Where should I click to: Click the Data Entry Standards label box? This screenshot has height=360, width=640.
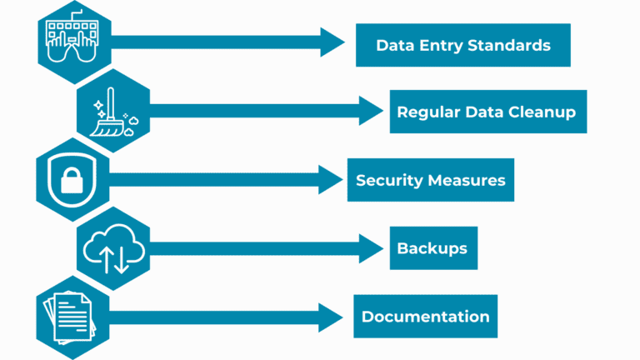[x=462, y=45]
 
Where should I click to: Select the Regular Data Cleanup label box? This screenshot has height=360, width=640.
[x=487, y=112]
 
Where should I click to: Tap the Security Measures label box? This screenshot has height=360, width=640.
[x=430, y=180]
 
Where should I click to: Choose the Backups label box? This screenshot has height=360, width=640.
[x=432, y=248]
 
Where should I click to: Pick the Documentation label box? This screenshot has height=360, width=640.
[x=425, y=316]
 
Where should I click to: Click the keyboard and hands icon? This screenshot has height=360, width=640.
[x=72, y=41]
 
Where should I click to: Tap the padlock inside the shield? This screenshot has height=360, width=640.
[x=73, y=179]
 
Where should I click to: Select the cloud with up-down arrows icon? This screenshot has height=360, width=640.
[x=113, y=247]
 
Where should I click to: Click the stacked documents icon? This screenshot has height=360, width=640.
[x=73, y=315]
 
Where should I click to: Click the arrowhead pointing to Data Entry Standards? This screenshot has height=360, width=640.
[x=332, y=42]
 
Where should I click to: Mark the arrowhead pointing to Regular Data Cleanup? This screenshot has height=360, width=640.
[x=369, y=110]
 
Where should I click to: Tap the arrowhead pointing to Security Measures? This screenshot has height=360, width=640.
[x=331, y=179]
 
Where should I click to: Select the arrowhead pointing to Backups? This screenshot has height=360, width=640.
[x=369, y=247]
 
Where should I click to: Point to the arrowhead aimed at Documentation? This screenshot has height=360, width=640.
[x=331, y=317]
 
